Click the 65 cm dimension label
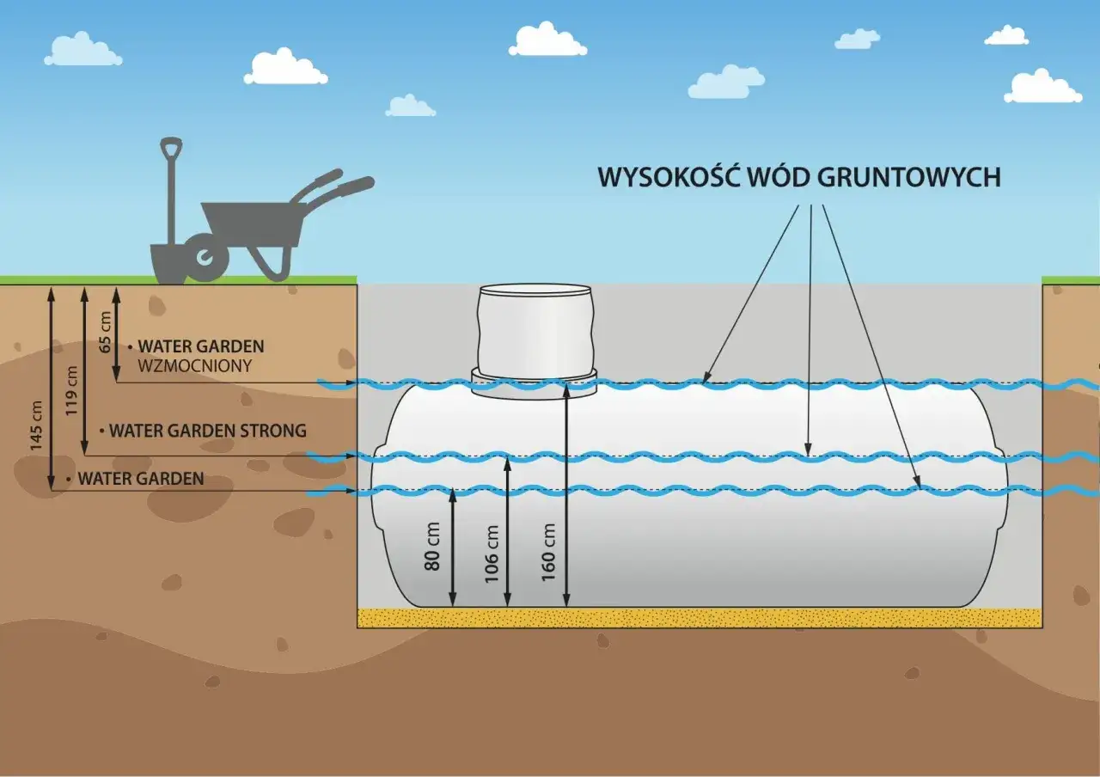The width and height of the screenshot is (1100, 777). coord(106,332)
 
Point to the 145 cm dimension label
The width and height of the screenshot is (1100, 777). coord(37,426)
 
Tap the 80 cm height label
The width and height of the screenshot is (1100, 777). coord(433,547)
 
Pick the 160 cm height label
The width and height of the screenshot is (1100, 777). coord(549,553)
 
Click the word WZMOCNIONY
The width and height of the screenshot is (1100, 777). coord(195,365)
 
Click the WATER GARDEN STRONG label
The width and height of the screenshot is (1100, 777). coord(207,430)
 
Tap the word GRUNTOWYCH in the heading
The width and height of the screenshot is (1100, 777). coord(909,177)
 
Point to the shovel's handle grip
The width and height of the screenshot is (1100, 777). coord(171,147)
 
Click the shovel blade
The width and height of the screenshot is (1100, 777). coord(168,263)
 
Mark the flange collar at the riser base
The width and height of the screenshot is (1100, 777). coord(534,379)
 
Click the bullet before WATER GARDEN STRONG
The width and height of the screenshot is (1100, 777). coord(102,430)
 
